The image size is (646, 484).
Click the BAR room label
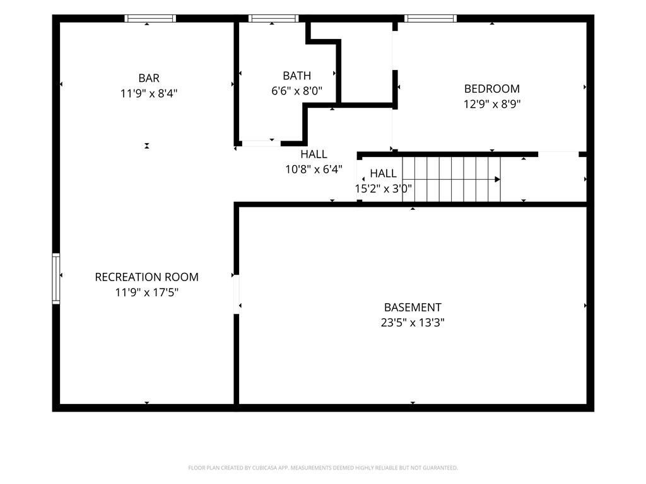pos(149,78)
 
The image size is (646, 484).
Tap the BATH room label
pos(297,76)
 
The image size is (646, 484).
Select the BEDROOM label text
pos(492,88)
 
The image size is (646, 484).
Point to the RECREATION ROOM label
pos(146,277)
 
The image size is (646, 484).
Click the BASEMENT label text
pos(413,308)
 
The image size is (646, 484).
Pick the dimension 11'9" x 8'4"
pos(149,93)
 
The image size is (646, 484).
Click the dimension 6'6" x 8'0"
pos(297,91)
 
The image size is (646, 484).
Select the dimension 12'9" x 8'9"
pos(492,104)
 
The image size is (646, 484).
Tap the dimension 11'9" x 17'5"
pos(146,292)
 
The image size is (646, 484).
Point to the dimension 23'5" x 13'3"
pos(413,322)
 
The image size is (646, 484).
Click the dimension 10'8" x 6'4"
pos(314,169)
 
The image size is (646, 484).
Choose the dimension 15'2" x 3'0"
pos(383,188)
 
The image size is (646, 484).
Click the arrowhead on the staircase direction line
pos(498,180)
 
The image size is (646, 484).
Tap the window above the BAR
pos(150,18)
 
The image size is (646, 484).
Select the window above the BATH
pos(274,18)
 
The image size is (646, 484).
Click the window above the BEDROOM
pos(430,18)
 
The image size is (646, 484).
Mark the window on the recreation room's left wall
pos(56,278)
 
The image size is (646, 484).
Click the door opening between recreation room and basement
pos(237,294)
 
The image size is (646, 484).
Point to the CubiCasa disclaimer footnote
pos(323,468)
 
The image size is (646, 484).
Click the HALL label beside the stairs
pos(383,173)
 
